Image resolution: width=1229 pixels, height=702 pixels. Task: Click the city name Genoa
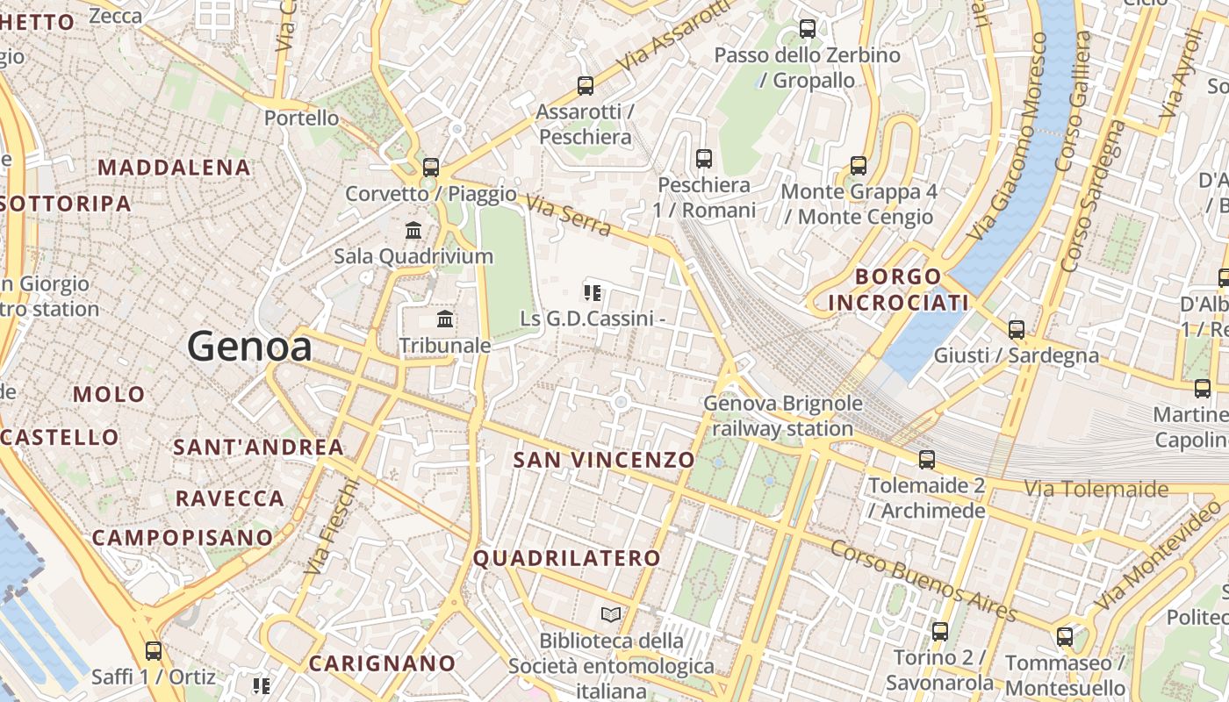click(249, 347)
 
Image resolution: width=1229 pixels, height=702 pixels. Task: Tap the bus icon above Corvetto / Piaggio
click(430, 167)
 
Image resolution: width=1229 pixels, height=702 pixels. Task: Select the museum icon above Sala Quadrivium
click(413, 230)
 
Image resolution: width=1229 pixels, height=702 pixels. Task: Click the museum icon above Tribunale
click(445, 319)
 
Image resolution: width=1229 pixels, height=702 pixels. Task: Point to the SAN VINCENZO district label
click(604, 460)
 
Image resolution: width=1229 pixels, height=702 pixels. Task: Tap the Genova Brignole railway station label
click(782, 416)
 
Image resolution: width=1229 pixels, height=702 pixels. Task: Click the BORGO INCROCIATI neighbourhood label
click(898, 290)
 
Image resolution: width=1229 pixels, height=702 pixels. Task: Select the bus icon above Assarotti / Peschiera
click(586, 86)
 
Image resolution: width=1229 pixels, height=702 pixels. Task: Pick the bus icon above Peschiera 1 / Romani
click(703, 159)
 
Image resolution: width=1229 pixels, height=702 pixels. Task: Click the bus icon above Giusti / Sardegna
click(1016, 330)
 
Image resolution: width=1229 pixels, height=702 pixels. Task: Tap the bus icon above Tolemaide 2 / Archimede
click(926, 460)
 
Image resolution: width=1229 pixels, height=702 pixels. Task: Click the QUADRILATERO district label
click(567, 558)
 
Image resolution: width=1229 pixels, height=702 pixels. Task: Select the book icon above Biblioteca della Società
click(611, 615)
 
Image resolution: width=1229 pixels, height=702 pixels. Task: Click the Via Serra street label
click(570, 216)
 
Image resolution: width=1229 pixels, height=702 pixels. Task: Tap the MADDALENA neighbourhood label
click(174, 167)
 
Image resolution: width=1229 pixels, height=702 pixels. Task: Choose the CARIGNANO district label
click(382, 663)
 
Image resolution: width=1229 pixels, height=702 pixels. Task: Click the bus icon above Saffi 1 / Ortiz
click(154, 651)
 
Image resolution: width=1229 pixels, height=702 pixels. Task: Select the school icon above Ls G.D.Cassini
click(593, 292)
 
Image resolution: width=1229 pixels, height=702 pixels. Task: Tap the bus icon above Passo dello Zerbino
click(807, 29)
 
